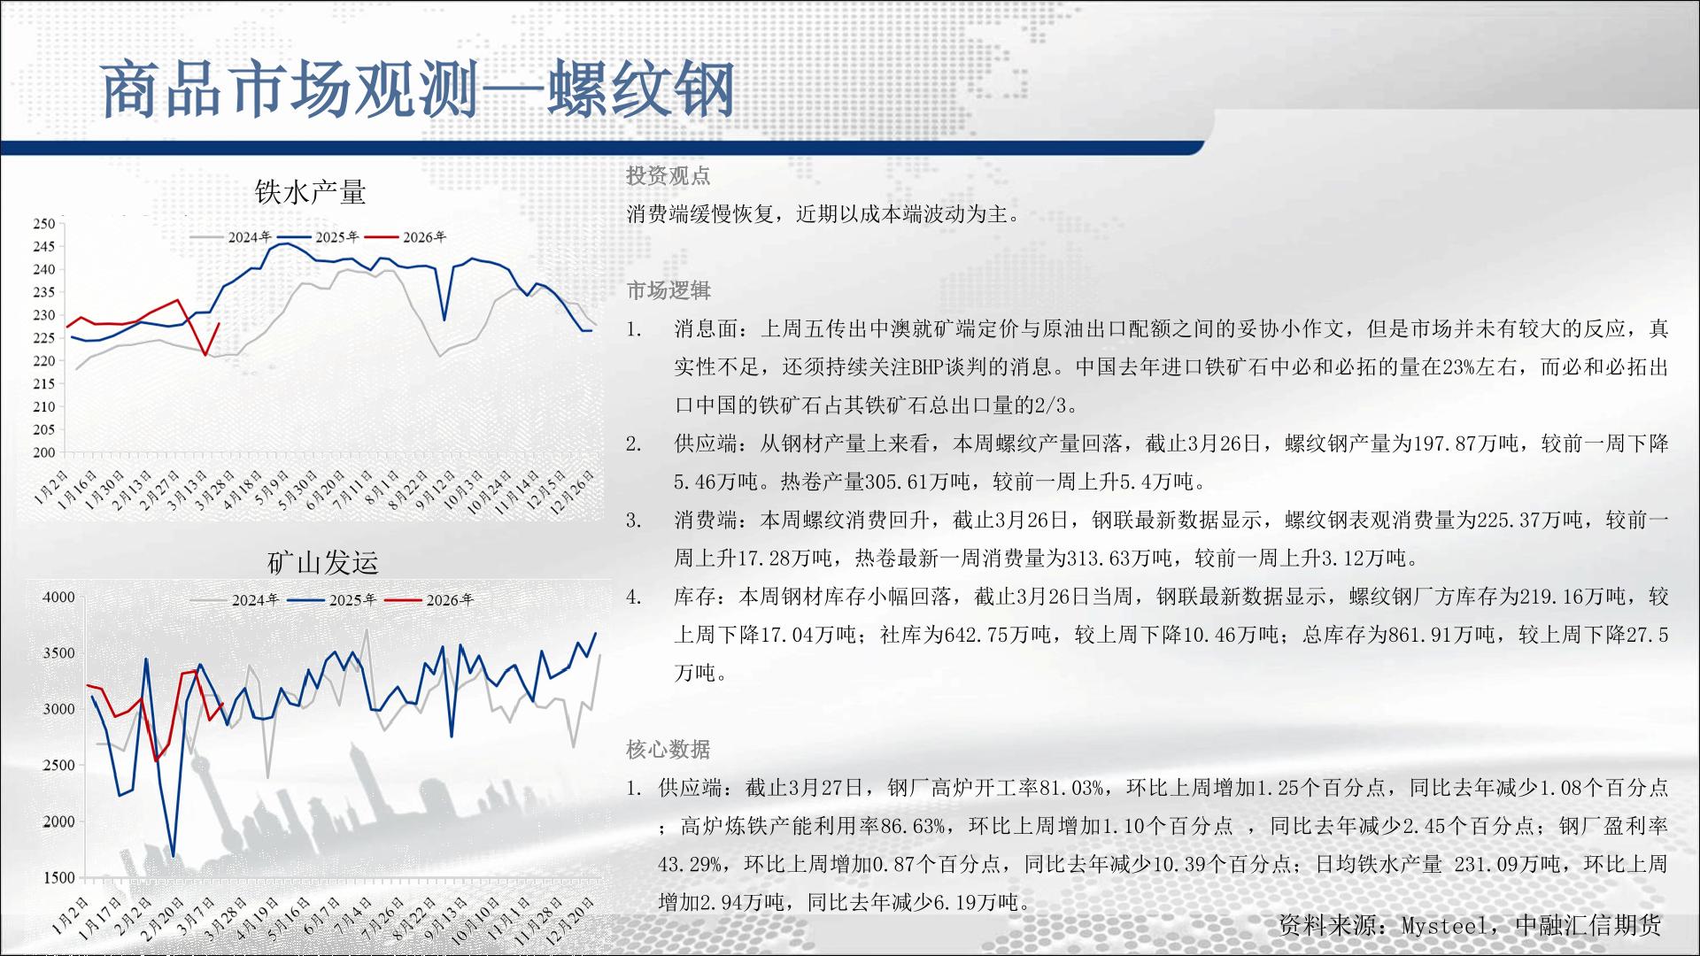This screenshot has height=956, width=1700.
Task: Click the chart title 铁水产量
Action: pos(310,191)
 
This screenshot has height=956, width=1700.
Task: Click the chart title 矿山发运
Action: pos(322,562)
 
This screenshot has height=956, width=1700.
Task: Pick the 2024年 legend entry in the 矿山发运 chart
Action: pos(236,600)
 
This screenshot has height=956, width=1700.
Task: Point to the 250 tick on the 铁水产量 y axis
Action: pos(44,224)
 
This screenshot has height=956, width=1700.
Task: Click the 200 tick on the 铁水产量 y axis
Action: pos(44,452)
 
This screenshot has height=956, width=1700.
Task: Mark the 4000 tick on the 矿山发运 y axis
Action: pos(59,597)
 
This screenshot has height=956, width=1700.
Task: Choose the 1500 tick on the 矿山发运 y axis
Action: pos(59,877)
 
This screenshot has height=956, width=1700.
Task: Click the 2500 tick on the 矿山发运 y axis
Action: pos(59,766)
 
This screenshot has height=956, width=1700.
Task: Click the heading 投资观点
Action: pos(668,176)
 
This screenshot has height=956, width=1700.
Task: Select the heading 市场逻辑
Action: pos(668,290)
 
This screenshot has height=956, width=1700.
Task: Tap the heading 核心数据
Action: pos(668,750)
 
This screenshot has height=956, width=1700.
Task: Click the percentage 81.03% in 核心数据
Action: pos(1071,788)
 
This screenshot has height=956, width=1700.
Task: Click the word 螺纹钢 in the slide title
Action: pos(641,90)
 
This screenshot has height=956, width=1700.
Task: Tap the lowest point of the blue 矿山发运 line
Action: pos(173,856)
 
